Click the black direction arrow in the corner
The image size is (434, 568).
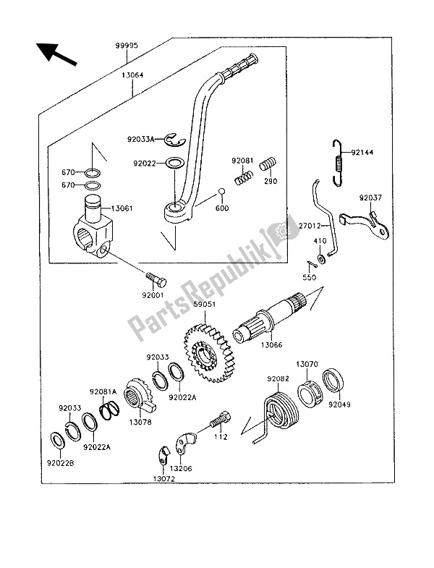[56, 54]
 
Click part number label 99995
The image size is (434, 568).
[127, 46]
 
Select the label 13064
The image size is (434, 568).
[132, 75]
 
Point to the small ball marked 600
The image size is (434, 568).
[222, 192]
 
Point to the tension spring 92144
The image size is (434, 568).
[338, 163]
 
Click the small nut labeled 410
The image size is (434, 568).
[321, 258]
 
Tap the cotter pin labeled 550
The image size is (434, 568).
[311, 265]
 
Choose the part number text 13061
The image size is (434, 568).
[122, 208]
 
